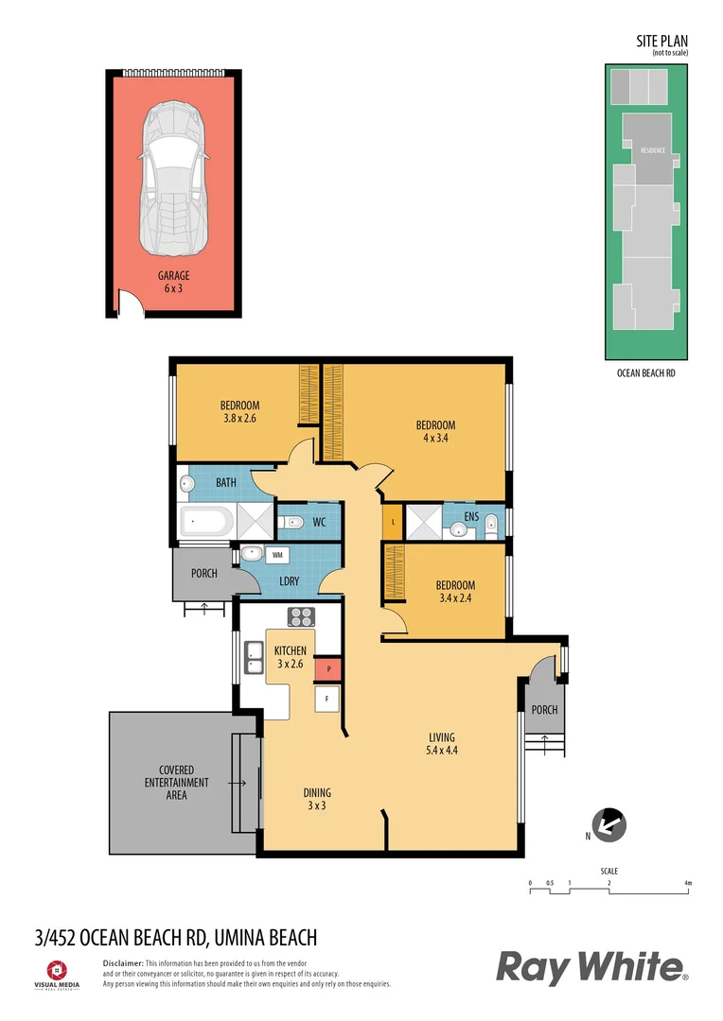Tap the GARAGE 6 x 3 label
pos(173,282)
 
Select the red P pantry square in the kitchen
pos(326,668)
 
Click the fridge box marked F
pos(326,701)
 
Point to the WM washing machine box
pos(279,555)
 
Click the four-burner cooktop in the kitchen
pos(301,616)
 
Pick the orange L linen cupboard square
pos(392,521)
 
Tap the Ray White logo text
pos(591,968)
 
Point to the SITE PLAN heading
pos(661,41)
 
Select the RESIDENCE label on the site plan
pos(653,150)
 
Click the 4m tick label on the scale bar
pos(688,883)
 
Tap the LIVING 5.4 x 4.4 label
pos(441,744)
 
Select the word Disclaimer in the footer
pos(123,961)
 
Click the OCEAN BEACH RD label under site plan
pos(645,373)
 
